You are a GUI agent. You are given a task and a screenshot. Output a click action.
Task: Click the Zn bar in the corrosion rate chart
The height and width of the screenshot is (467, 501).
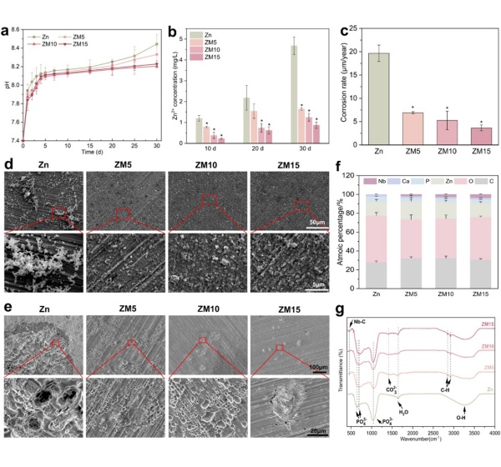pyautogui.click(x=379, y=101)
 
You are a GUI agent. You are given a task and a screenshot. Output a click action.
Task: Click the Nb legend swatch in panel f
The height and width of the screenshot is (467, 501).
pyautogui.click(x=372, y=178)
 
